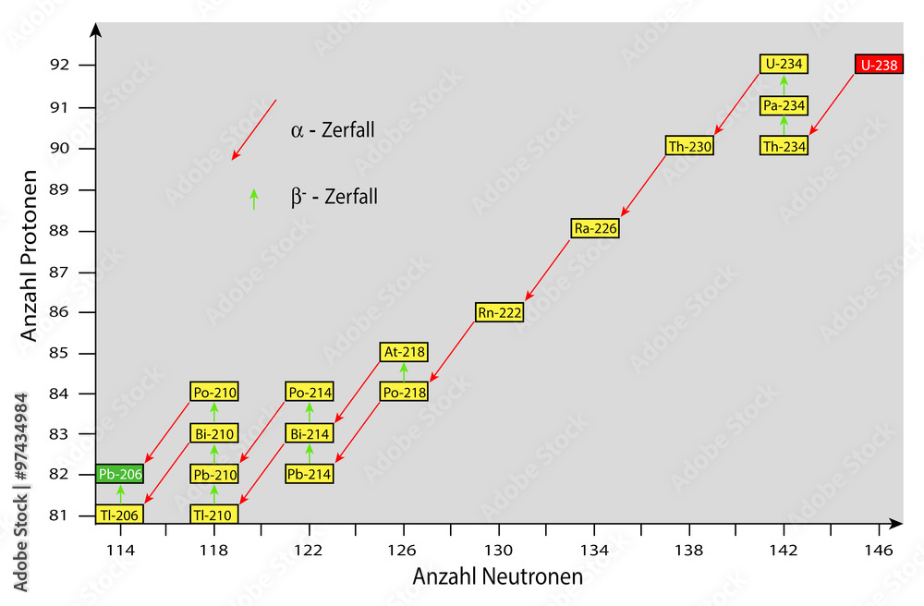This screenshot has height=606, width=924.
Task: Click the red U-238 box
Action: pyautogui.click(x=879, y=64)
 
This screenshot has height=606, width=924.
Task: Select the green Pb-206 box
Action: pyautogui.click(x=119, y=474)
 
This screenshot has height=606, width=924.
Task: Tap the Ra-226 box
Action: pyautogui.click(x=595, y=228)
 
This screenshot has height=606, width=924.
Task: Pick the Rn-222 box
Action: pyautogui.click(x=499, y=312)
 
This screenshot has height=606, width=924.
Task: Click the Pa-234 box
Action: pyautogui.click(x=784, y=106)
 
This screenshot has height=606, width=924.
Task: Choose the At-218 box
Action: pyautogui.click(x=404, y=352)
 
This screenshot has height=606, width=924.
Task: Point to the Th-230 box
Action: pyautogui.click(x=689, y=146)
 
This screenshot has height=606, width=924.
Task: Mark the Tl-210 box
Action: pyautogui.click(x=214, y=515)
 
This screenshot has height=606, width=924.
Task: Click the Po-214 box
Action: pyautogui.click(x=310, y=393)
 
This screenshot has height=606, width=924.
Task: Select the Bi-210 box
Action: pyautogui.click(x=214, y=434)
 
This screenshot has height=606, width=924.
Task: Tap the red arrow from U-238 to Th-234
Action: pyautogui.click(x=832, y=104)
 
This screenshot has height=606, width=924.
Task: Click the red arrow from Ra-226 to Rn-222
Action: pyautogui.click(x=547, y=270)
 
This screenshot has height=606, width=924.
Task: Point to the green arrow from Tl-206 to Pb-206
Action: pyautogui.click(x=120, y=494)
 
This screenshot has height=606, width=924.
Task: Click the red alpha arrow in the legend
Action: pyautogui.click(x=254, y=129)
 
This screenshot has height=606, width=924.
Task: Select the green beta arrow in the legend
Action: pyautogui.click(x=254, y=199)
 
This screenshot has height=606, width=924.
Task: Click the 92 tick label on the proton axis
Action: pyautogui.click(x=59, y=64)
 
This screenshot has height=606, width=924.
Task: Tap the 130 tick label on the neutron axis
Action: pyautogui.click(x=499, y=551)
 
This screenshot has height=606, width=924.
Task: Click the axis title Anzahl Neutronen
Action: pyautogui.click(x=498, y=576)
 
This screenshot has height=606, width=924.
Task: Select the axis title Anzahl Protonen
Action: pyautogui.click(x=29, y=256)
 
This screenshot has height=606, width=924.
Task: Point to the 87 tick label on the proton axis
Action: pyautogui.click(x=59, y=273)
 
